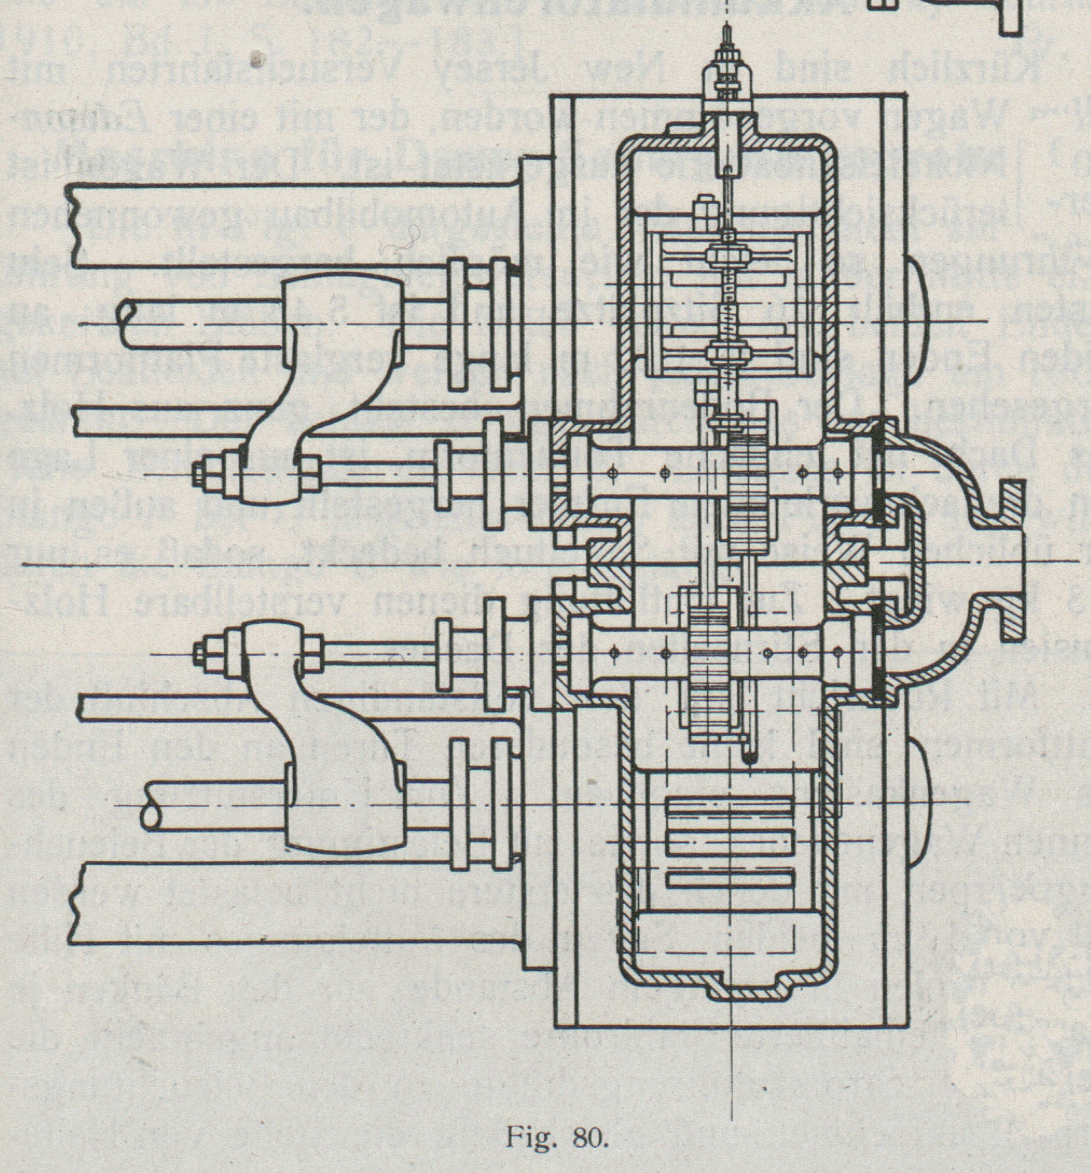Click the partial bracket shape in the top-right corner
coord(1012,18)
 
